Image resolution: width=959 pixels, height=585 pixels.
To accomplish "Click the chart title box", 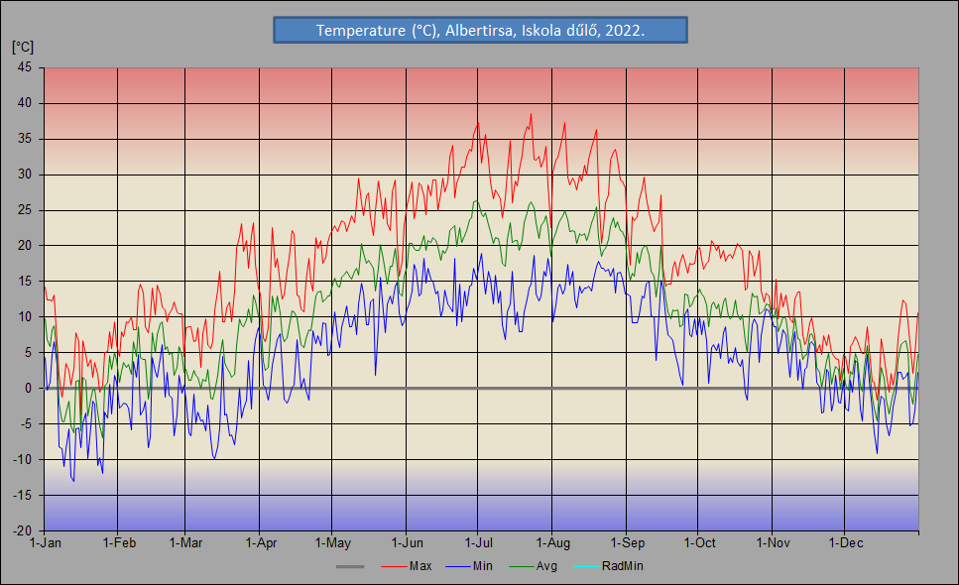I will click(480, 31).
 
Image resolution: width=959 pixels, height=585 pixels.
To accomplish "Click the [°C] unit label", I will click(23, 47).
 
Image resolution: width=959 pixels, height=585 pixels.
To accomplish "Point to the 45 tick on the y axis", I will click(25, 67).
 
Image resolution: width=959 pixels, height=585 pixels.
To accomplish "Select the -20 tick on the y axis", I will click(23, 530).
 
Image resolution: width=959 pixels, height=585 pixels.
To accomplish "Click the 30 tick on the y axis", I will click(25, 175).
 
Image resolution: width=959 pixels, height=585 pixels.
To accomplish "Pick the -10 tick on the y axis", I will click(23, 460).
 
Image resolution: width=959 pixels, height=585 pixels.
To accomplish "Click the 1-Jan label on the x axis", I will click(46, 543).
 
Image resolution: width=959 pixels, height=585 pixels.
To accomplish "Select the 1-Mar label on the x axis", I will click(185, 543).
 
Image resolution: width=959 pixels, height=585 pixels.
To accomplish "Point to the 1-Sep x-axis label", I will click(627, 543).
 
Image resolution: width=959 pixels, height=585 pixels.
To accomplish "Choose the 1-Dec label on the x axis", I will click(845, 543).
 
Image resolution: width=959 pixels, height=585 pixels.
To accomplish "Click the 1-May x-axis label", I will click(332, 543).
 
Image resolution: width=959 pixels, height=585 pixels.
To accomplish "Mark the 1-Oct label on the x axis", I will click(699, 543).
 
